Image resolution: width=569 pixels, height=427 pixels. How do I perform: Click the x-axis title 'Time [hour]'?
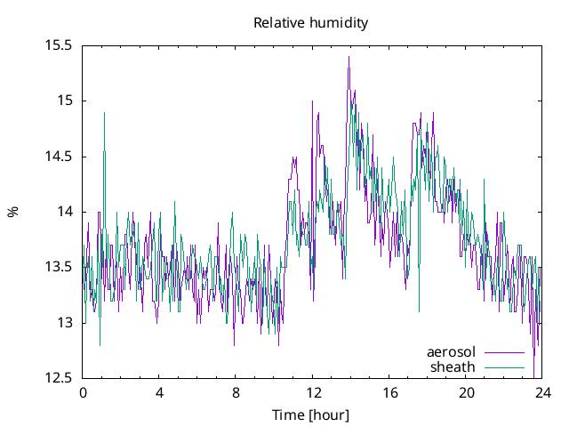pos(310,415)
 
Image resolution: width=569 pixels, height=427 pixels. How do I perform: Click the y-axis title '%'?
pos(12,212)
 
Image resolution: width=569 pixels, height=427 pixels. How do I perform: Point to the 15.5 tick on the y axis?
pos(58,45)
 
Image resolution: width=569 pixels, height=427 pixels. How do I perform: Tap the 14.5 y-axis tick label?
pos(58,157)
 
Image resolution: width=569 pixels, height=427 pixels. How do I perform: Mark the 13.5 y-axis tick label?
pos(58,267)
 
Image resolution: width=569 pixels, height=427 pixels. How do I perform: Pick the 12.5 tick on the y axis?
pos(58,378)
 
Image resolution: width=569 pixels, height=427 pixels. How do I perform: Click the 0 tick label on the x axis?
pos(83,392)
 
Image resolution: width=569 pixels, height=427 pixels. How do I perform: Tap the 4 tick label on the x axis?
pos(159,392)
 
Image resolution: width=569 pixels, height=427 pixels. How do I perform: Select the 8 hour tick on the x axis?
pos(236,392)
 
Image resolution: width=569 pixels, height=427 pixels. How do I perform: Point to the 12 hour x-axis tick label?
pos(313,392)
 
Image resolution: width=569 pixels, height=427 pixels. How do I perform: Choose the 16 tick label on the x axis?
pos(389,392)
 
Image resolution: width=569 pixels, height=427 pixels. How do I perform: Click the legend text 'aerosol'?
pos(451,351)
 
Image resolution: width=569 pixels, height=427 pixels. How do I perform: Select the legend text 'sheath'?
pos(453,367)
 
